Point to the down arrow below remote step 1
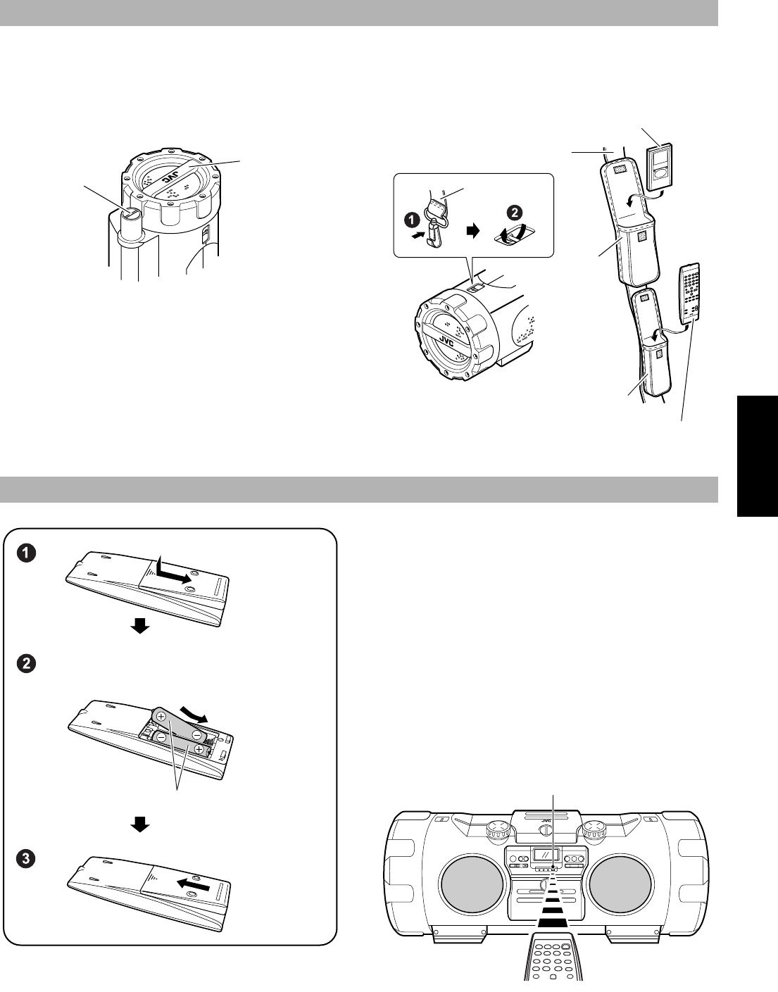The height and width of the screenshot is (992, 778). (x=142, y=626)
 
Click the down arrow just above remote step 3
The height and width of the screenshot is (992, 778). (x=142, y=824)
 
